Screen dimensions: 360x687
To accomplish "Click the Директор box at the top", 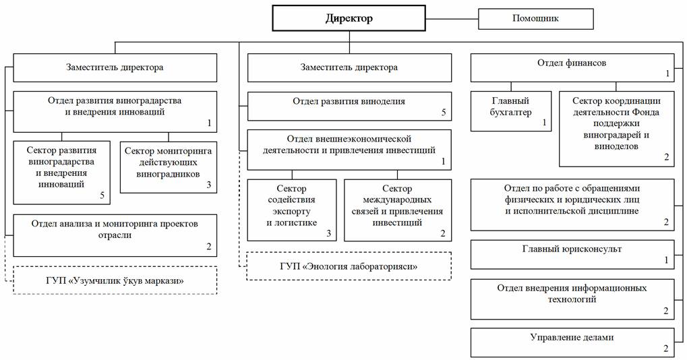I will [349, 18].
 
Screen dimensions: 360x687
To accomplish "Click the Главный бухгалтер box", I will [510, 110].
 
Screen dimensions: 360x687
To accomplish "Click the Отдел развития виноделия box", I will [349, 106].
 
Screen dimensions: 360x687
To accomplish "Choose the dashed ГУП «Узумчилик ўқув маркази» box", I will [115, 280].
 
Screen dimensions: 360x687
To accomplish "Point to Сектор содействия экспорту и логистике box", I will [291, 210].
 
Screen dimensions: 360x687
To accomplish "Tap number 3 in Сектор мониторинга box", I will [209, 185].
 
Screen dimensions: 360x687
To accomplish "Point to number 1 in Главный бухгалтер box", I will [544, 122].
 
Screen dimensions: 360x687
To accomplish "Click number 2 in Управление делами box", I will [666, 349].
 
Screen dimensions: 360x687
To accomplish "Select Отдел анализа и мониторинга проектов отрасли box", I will [115, 235].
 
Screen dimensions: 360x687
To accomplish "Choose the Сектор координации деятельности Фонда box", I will [616, 129].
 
